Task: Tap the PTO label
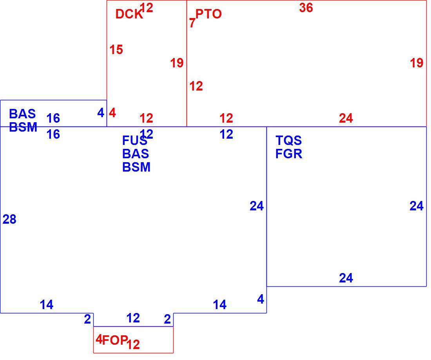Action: click(x=208, y=14)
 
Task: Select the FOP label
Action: click(x=115, y=340)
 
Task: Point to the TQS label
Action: click(x=288, y=140)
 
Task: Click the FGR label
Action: click(x=289, y=154)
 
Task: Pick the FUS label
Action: click(x=135, y=141)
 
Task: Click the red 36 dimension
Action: click(x=306, y=8)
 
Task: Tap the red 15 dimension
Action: click(x=116, y=50)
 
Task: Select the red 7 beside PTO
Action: click(x=192, y=23)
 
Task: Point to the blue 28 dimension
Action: click(x=9, y=219)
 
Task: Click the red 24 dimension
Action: click(x=346, y=118)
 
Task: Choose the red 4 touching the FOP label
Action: click(x=99, y=339)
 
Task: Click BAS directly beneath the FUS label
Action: click(x=136, y=154)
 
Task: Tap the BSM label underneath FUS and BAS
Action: click(x=136, y=167)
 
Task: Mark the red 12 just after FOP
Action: click(x=133, y=344)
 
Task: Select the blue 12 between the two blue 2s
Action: click(x=133, y=318)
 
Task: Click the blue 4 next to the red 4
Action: click(x=101, y=113)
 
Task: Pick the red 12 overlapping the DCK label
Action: click(x=146, y=8)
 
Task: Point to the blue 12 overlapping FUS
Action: click(x=146, y=134)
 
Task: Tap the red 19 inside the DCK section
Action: click(x=177, y=63)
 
